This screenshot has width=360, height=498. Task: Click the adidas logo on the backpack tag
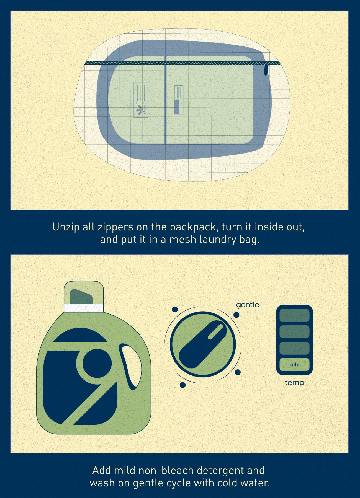(141, 110)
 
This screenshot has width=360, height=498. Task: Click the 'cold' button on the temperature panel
(294, 365)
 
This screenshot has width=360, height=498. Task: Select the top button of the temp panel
(294, 315)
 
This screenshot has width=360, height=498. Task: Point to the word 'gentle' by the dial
(248, 305)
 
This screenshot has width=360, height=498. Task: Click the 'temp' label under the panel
(294, 383)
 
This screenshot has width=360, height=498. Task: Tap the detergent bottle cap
(84, 292)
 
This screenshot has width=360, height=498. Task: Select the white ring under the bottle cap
(84, 308)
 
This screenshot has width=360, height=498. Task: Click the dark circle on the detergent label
(97, 363)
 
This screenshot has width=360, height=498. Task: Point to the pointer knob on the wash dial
(203, 344)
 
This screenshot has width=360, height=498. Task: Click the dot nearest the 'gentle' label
(236, 315)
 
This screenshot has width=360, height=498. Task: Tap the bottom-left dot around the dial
(183, 385)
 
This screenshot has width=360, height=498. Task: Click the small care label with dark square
(179, 100)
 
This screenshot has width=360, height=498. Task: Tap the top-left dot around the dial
(175, 309)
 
